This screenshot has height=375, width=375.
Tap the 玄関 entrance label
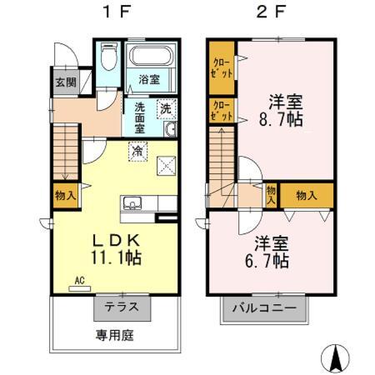[x=66, y=82]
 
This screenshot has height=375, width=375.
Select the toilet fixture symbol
[x=107, y=59]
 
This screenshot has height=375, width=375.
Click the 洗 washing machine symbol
[x=166, y=108]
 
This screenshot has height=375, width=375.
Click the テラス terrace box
[x=122, y=307]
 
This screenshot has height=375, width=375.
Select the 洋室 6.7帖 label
[x=272, y=252]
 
